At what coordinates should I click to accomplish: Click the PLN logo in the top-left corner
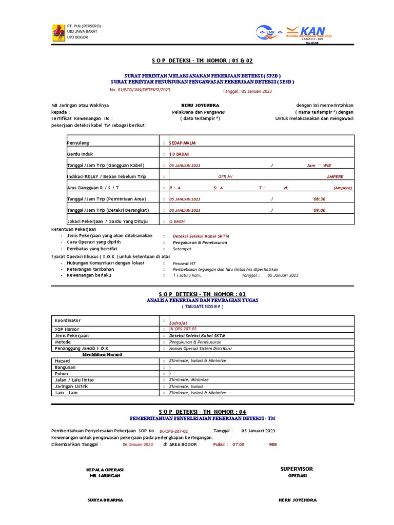(57, 32)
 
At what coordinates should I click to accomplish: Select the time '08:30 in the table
(319, 199)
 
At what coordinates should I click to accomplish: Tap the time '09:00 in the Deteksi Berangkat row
(319, 210)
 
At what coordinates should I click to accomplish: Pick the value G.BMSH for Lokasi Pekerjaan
(177, 221)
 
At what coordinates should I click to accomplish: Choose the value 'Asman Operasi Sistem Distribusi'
(201, 348)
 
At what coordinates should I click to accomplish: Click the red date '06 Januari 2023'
(137, 445)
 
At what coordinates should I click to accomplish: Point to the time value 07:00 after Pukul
(238, 445)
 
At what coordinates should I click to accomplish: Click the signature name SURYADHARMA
(105, 499)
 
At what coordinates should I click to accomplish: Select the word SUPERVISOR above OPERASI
(297, 469)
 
